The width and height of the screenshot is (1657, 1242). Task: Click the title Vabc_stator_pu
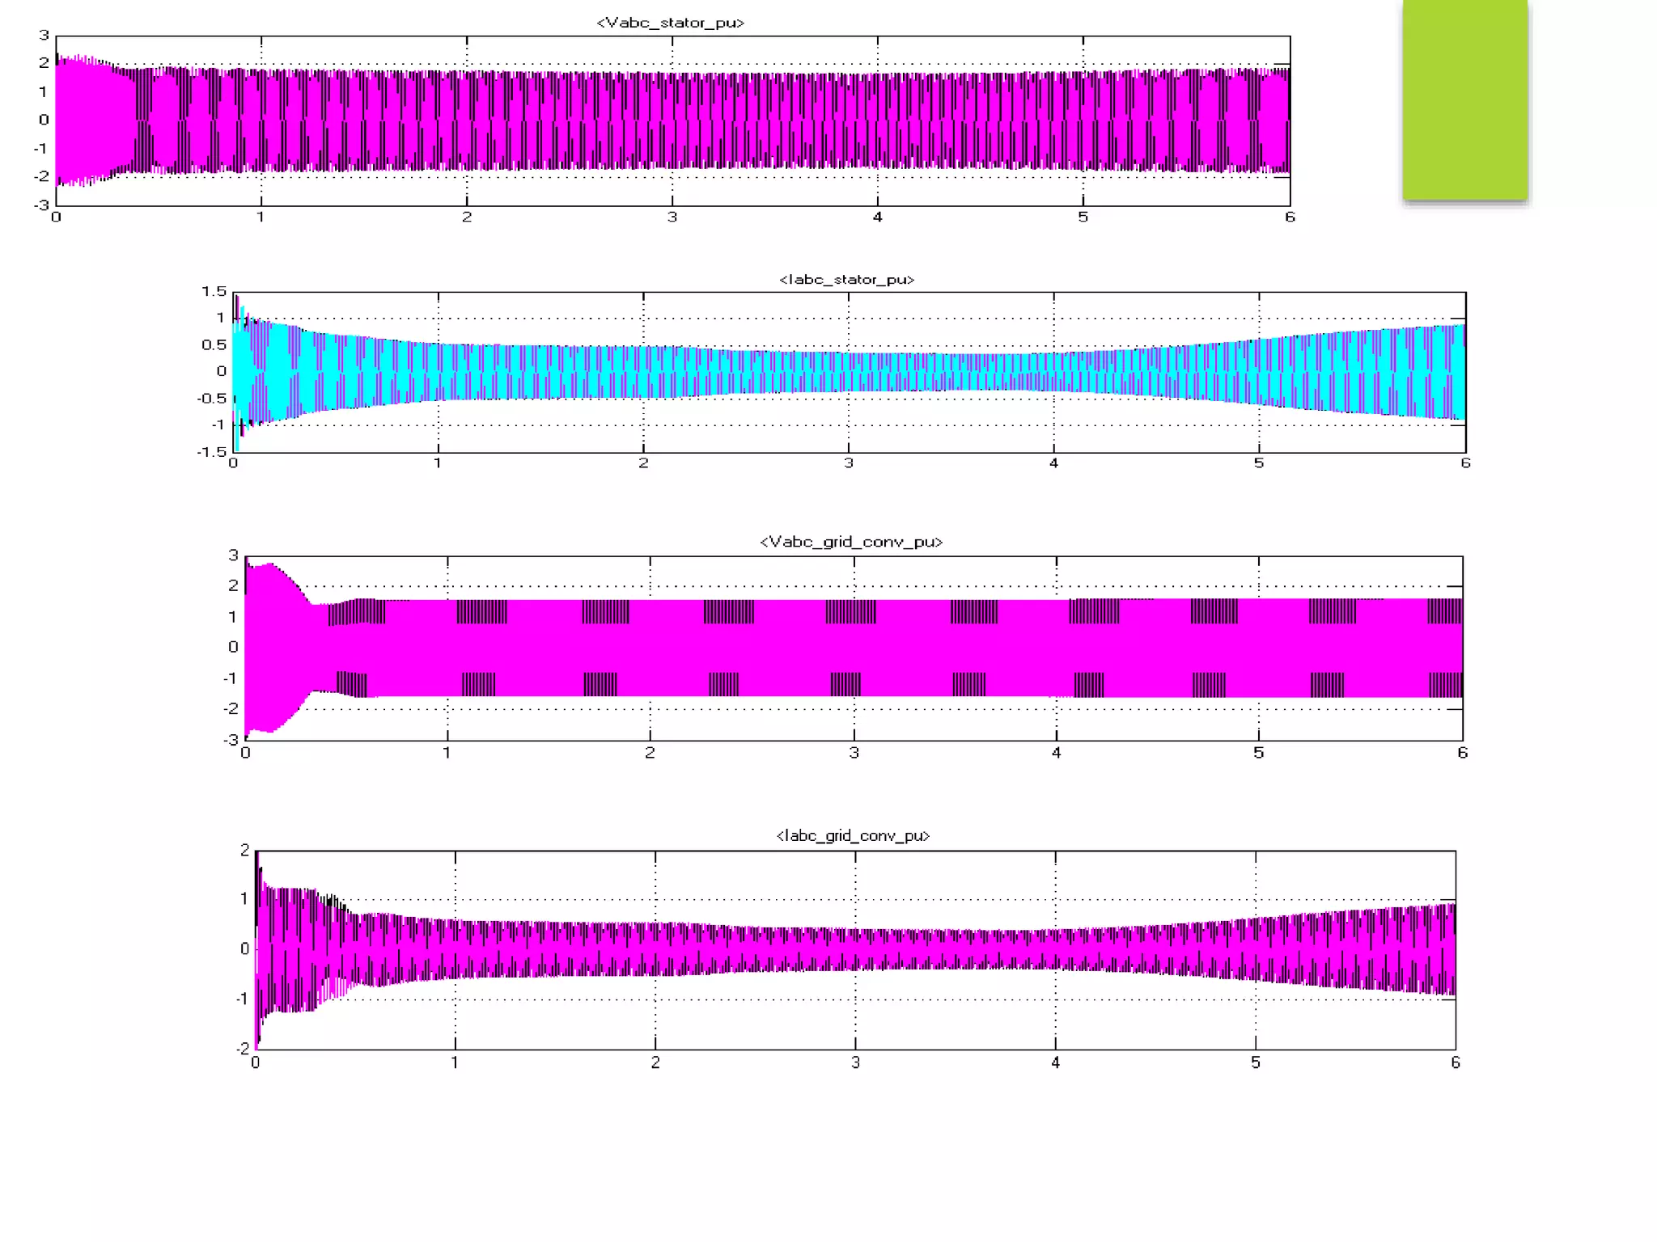click(x=670, y=23)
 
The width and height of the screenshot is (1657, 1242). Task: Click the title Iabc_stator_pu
click(x=847, y=280)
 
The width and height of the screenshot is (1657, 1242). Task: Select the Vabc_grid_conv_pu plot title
click(x=851, y=542)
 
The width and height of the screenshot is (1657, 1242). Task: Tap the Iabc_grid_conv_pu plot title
click(x=853, y=835)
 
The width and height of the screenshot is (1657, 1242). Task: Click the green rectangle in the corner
click(x=1465, y=99)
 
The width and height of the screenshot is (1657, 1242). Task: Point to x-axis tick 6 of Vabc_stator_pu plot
click(x=1290, y=217)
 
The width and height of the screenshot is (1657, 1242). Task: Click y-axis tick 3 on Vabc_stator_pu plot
click(x=44, y=35)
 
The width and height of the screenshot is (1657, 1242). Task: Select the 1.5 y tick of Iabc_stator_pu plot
click(x=214, y=291)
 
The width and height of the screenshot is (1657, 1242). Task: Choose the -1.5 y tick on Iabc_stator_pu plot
click(x=212, y=451)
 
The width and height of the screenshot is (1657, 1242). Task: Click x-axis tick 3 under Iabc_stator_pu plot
click(x=849, y=463)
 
